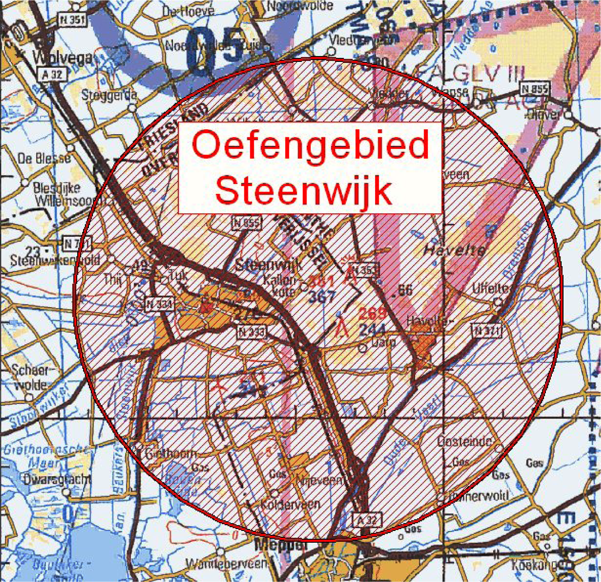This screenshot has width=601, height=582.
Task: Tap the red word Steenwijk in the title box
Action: point(303,190)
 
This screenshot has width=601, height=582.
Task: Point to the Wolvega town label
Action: point(65,57)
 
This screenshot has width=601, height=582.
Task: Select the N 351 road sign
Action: point(73,20)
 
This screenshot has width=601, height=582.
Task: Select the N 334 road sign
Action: point(159,305)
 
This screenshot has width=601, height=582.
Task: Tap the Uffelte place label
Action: point(490,288)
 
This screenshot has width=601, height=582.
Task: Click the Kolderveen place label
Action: point(290,503)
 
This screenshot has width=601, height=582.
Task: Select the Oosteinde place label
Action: point(464,441)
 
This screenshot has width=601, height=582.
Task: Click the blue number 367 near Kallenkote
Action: point(323,296)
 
